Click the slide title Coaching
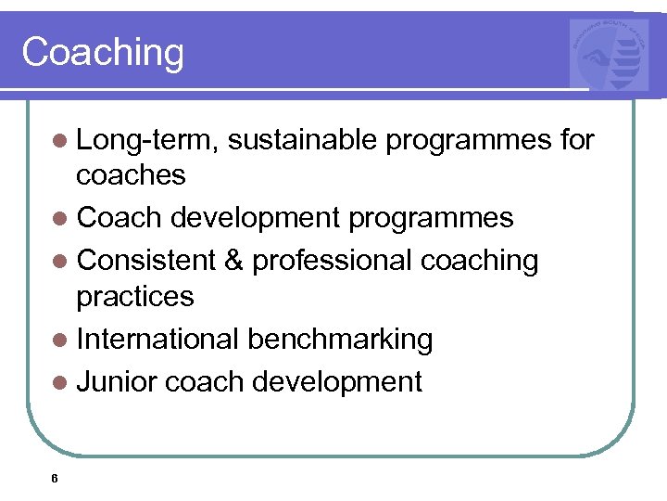[x=103, y=52]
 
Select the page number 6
[x=56, y=479]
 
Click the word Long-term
[x=148, y=140]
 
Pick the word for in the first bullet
[x=577, y=140]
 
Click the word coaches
[x=132, y=174]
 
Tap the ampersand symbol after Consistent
[x=234, y=261]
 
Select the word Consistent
[x=146, y=261]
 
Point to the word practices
[x=135, y=297]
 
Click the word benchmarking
[x=340, y=340]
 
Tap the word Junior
[x=119, y=381]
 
